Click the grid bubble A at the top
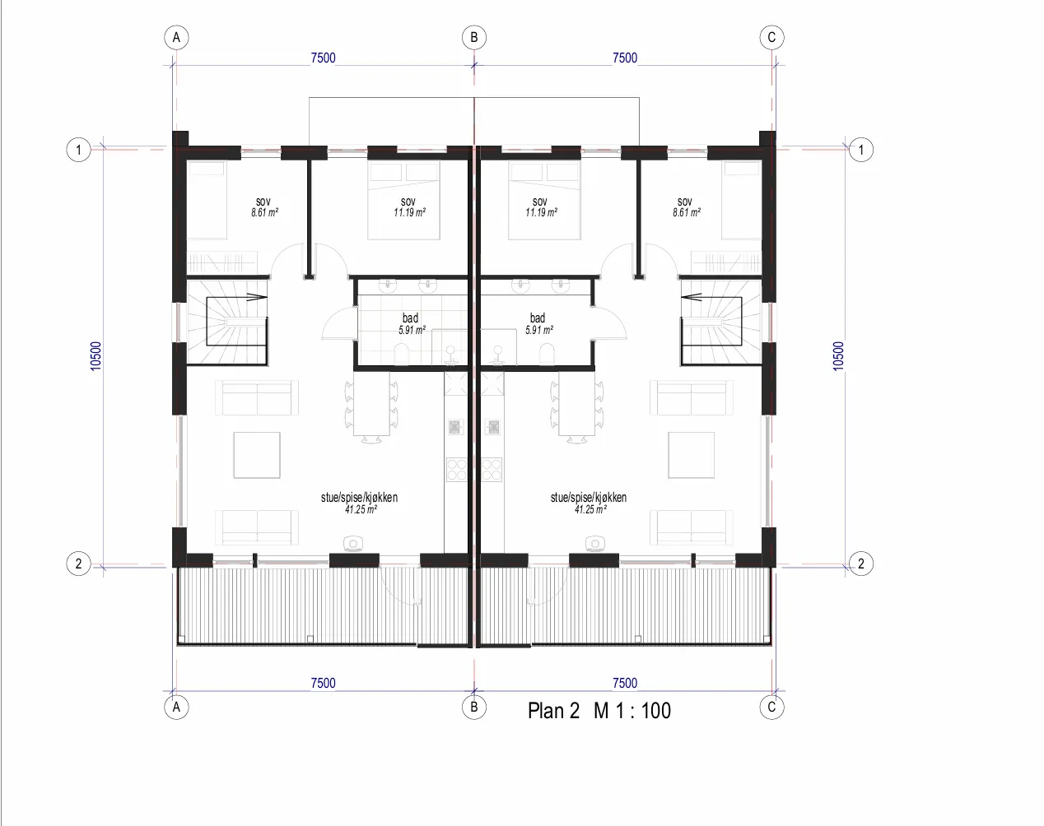pyautogui.click(x=176, y=37)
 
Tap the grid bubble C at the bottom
pyautogui.click(x=771, y=708)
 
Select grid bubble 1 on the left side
pyautogui.click(x=78, y=150)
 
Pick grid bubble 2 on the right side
pyautogui.click(x=861, y=564)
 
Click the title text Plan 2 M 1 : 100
pyautogui.click(x=599, y=711)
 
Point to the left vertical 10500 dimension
pyautogui.click(x=96, y=356)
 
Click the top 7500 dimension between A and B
pyautogui.click(x=323, y=58)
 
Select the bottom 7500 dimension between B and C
pyautogui.click(x=625, y=683)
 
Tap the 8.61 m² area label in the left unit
pyautogui.click(x=264, y=212)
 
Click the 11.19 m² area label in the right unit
pyautogui.click(x=542, y=212)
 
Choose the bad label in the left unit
pyautogui.click(x=410, y=318)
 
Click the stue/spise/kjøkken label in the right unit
pyautogui.click(x=589, y=498)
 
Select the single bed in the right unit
pyautogui.click(x=741, y=200)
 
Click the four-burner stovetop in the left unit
pyautogui.click(x=456, y=469)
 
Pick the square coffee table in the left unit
pyautogui.click(x=257, y=455)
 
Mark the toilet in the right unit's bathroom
pyautogui.click(x=547, y=354)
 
